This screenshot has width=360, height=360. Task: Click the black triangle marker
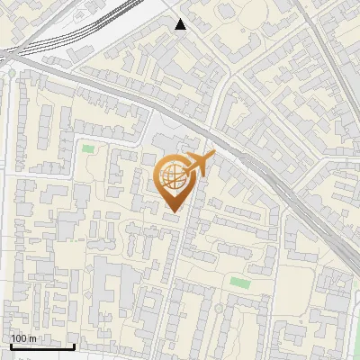coord(181,24)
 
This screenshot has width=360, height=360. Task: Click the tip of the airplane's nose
coord(214,155)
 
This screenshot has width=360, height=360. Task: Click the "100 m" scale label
coord(23,338)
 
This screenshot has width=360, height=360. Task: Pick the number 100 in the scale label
coord(19,338)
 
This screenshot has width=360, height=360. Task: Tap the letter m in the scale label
coord(32,338)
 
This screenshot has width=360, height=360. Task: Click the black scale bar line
coord(41,346)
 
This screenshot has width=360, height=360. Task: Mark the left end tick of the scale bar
coord(9,345)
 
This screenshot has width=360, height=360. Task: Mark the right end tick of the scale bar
coord(74,345)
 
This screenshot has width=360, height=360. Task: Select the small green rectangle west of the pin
coord(87,148)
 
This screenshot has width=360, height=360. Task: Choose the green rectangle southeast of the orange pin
coord(238,283)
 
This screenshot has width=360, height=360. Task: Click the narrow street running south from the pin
coord(187,261)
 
